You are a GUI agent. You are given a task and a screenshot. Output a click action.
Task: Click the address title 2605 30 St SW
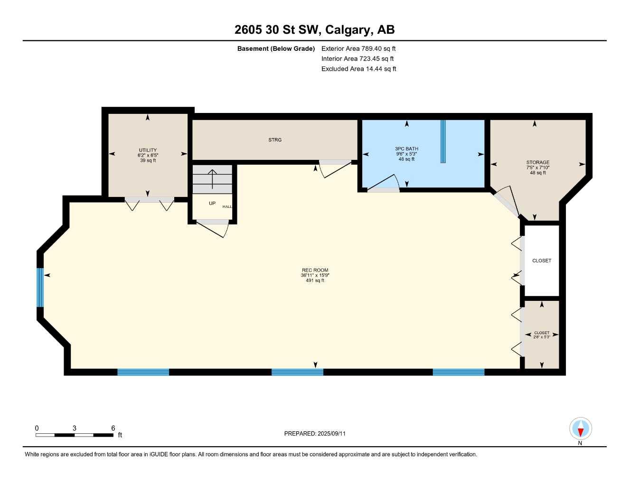tap(314, 30)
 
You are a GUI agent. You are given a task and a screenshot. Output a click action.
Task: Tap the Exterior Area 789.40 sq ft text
tap(358, 48)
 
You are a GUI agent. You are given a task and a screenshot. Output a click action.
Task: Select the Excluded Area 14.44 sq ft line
tap(358, 69)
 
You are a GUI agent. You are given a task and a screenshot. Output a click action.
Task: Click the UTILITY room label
tap(148, 150)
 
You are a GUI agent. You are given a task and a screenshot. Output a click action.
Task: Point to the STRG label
tap(275, 140)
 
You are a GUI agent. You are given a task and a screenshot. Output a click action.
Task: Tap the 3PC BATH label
tap(406, 149)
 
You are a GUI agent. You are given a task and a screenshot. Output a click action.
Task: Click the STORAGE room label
tap(537, 162)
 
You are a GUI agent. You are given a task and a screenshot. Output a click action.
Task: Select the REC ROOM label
tap(315, 271)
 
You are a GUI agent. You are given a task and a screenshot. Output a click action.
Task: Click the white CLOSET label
tap(542, 261)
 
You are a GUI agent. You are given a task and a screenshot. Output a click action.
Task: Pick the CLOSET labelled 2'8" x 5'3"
tap(542, 335)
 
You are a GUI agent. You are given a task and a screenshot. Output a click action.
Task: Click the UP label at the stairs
tap(212, 204)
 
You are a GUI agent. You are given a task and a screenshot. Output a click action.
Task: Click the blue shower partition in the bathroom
tap(443, 141)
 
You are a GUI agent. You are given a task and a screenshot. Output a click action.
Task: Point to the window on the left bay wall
tap(40, 288)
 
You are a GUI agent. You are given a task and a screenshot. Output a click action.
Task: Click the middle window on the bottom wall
tap(297, 372)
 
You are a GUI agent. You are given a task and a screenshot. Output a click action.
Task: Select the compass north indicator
tap(580, 430)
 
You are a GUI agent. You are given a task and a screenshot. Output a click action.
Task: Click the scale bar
tap(75, 435)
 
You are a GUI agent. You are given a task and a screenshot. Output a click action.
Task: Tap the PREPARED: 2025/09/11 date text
tap(315, 433)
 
